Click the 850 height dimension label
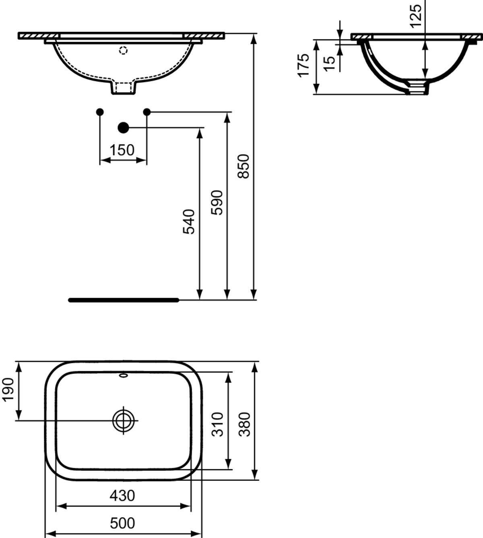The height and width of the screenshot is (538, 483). (x=244, y=166)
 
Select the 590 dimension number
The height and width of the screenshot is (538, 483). (x=217, y=202)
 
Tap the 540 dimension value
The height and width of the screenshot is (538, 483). (x=189, y=222)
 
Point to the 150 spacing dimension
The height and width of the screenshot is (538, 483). (x=122, y=150)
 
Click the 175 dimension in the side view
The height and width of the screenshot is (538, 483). (x=303, y=66)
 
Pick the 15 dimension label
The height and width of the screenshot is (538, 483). (x=329, y=64)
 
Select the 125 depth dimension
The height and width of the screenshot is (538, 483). (x=416, y=16)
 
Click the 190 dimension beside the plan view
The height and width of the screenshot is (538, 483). (x=8, y=390)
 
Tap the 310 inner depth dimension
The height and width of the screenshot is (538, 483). (x=217, y=425)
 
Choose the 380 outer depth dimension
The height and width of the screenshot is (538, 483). (x=244, y=425)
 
